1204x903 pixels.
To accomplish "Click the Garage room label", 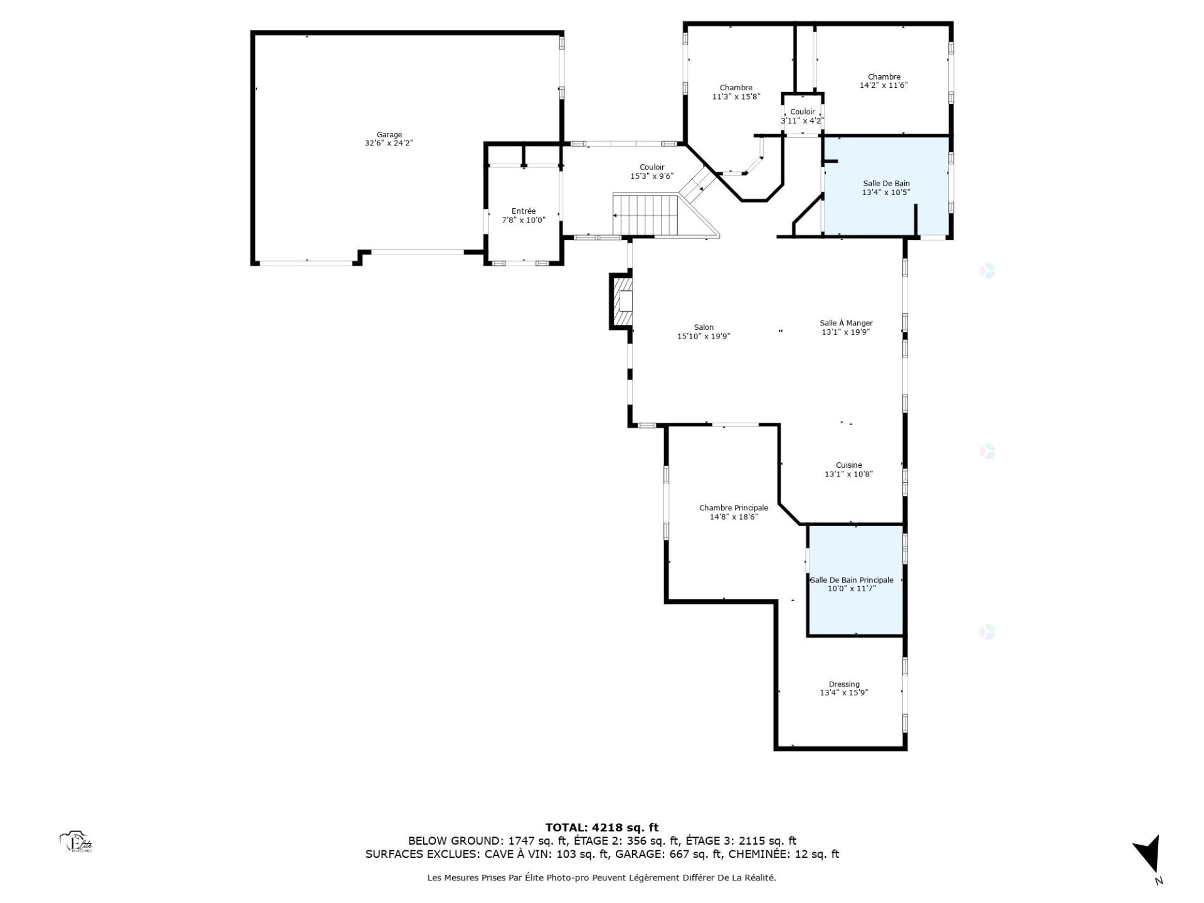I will [389, 134].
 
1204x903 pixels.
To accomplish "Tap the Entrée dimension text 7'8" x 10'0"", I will [524, 220].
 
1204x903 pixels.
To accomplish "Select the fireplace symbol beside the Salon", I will [622, 302].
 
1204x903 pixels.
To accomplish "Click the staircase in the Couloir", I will [646, 214].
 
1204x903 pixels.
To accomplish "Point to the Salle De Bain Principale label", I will [852, 580].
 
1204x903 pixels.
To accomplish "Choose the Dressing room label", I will [844, 684].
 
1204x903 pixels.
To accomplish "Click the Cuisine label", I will [848, 465].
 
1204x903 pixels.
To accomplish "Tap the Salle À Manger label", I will [846, 323].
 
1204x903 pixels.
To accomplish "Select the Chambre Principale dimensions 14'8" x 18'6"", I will [734, 517].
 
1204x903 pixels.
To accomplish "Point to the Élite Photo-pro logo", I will [77, 842].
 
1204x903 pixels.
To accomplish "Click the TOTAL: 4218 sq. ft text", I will [601, 827].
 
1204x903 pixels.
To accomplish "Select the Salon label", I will [704, 327].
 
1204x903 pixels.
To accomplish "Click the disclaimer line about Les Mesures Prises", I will [601, 878].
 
